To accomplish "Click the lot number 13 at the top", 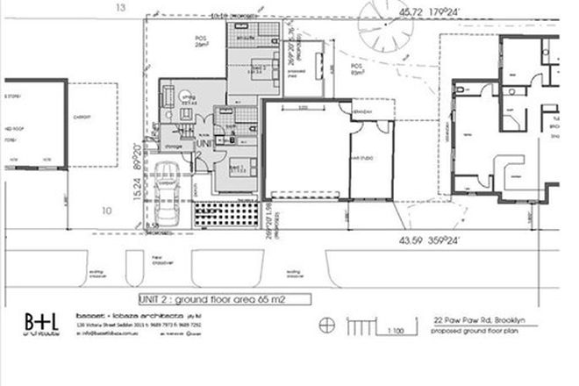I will (120, 8).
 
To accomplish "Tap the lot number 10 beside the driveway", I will (106, 211).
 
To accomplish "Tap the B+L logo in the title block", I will (40, 322).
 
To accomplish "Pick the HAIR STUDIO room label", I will (360, 157).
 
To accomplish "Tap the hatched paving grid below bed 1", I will (227, 215).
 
